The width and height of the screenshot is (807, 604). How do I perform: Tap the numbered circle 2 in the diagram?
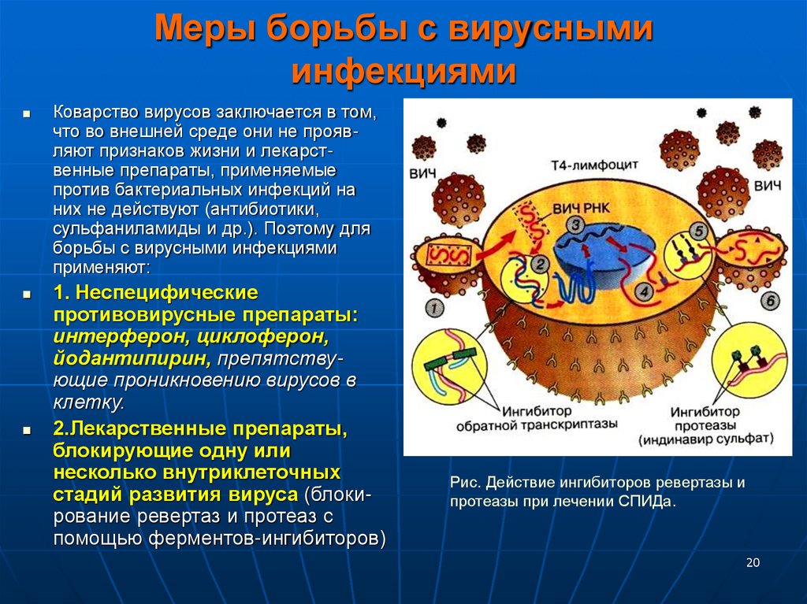point(541,265)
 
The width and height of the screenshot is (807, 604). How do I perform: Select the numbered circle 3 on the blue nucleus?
point(577,226)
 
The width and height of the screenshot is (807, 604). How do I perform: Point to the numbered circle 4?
point(643,292)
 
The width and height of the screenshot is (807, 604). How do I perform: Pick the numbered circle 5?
point(698,232)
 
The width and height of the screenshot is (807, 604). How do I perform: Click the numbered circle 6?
point(770,299)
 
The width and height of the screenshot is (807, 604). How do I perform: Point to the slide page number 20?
point(752,562)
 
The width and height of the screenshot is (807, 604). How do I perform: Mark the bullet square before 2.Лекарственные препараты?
point(26,432)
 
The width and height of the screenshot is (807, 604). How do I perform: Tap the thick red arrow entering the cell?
point(490,249)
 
